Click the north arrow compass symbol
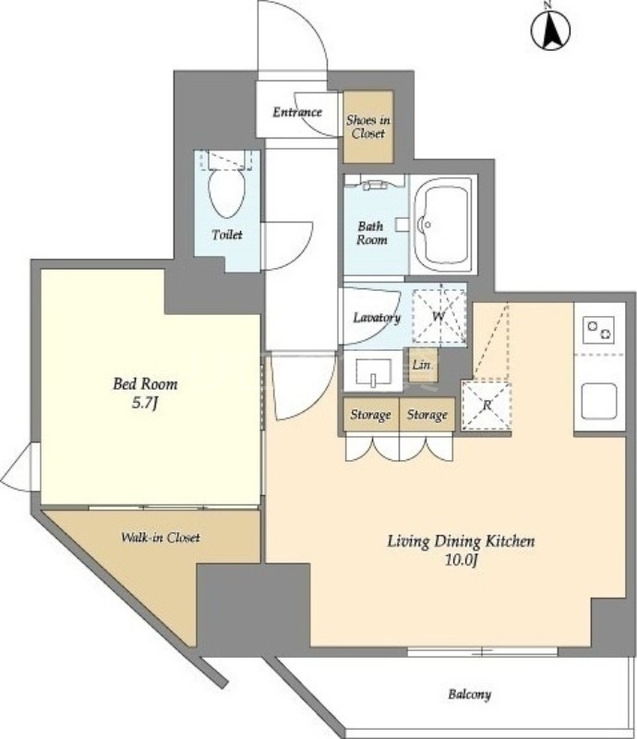click(550, 30)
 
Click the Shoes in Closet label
click(368, 127)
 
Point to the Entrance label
click(297, 112)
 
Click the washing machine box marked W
click(439, 315)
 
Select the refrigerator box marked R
click(487, 405)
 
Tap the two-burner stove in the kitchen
click(599, 330)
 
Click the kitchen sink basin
click(599, 401)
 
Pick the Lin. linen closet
click(423, 364)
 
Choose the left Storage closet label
click(370, 415)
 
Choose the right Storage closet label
click(427, 415)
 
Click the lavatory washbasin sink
click(373, 372)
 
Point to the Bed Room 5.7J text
click(145, 394)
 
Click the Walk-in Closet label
click(161, 538)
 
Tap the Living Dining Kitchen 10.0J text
click(461, 550)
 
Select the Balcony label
click(469, 695)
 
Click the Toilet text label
click(227, 235)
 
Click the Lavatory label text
click(377, 318)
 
